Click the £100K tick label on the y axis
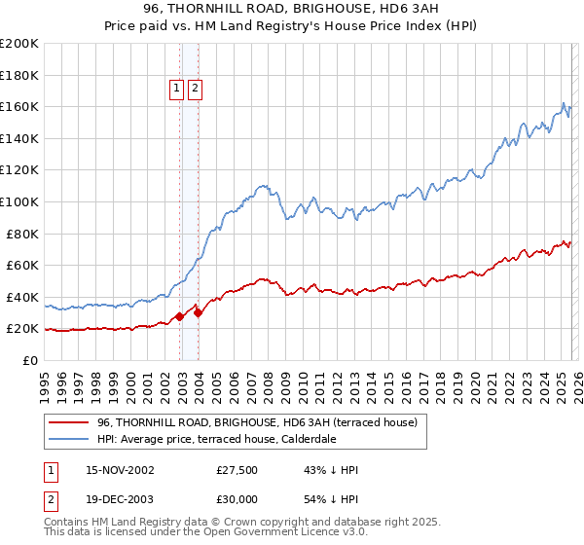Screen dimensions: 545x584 (18, 201)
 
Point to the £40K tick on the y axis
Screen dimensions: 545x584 (22, 297)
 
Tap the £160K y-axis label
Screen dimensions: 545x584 (18, 106)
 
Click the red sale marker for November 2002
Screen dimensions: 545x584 (180, 316)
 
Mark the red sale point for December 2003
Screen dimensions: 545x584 (199, 312)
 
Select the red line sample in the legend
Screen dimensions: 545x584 (69, 422)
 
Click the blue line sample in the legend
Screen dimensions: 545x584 (69, 439)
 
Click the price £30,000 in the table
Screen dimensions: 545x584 (237, 501)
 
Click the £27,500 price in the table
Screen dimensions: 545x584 (237, 470)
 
